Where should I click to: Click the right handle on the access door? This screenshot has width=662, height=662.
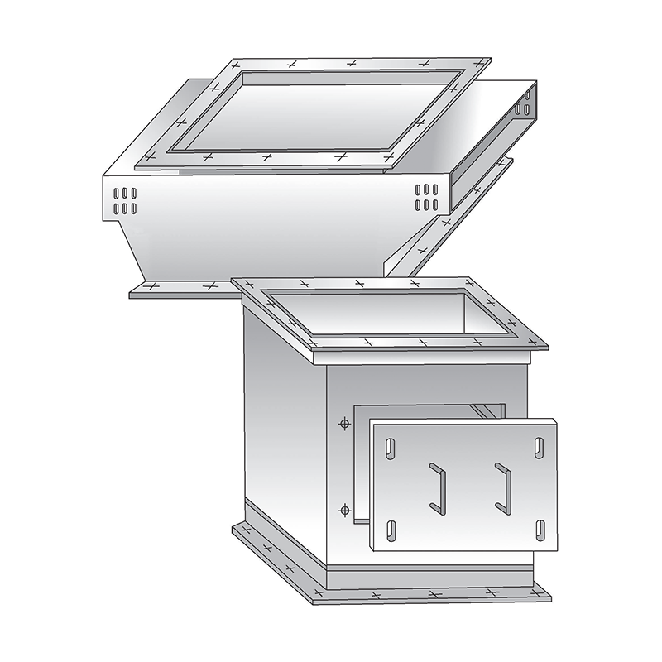(502, 486)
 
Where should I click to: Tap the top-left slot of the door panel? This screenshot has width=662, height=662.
(391, 449)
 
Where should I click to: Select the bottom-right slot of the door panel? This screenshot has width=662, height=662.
(539, 527)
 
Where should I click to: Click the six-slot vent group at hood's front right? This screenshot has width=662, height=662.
(426, 197)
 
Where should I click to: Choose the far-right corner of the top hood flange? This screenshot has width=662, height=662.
(488, 61)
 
